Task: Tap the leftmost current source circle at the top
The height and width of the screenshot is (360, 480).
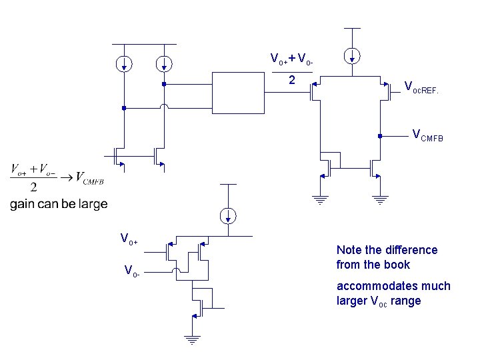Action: [x=123, y=64]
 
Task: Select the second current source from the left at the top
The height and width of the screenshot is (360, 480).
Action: [x=163, y=64]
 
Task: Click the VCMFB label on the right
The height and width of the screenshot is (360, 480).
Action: [x=427, y=136]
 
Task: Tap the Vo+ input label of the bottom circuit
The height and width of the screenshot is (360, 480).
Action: [x=129, y=239]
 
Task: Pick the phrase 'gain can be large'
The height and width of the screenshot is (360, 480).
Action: [x=59, y=204]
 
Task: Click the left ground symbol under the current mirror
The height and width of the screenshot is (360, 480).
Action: [x=320, y=199]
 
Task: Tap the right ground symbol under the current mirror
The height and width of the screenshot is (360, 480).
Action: [x=379, y=199]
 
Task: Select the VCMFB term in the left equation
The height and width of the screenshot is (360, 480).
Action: [x=89, y=178]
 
